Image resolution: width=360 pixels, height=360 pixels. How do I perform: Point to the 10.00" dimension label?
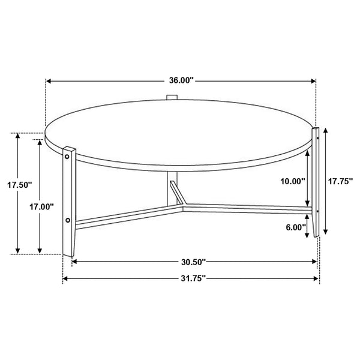[292, 180]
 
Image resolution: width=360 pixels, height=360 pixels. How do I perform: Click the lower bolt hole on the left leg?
[68, 220]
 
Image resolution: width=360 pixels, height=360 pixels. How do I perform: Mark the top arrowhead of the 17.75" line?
[326, 130]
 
